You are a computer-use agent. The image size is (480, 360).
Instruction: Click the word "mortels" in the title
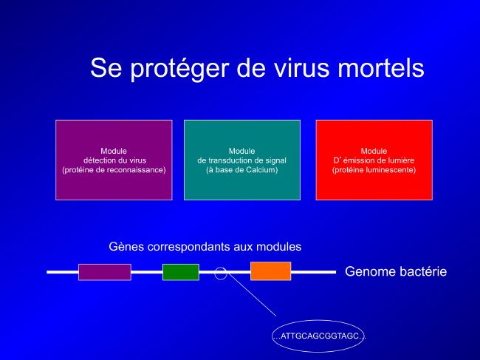pyautogui.click(x=381, y=68)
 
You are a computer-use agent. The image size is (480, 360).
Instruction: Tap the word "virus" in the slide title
pyautogui.click(x=301, y=68)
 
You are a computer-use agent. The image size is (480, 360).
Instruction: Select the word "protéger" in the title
pyautogui.click(x=179, y=69)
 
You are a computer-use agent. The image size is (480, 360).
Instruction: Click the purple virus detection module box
pyautogui.click(x=114, y=160)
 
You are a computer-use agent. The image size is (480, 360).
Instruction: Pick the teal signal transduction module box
pyautogui.click(x=242, y=160)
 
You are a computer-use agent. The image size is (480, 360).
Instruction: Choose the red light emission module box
pyautogui.click(x=374, y=160)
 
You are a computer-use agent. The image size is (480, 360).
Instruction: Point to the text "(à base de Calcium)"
pyautogui.click(x=241, y=170)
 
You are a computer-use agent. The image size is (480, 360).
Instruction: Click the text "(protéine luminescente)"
pyautogui.click(x=374, y=170)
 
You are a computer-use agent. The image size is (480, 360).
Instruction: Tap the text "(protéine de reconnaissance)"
pyautogui.click(x=114, y=170)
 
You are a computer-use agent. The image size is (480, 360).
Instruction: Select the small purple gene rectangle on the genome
pyautogui.click(x=105, y=272)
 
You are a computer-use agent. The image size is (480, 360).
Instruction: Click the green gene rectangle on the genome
pyautogui.click(x=181, y=272)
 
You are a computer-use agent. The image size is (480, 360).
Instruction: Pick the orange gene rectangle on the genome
pyautogui.click(x=270, y=271)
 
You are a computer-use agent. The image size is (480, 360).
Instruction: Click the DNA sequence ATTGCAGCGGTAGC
pyautogui.click(x=319, y=336)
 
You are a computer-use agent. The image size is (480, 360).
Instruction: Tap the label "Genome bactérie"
pyautogui.click(x=396, y=272)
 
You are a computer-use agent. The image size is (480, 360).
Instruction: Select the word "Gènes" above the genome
pyautogui.click(x=126, y=247)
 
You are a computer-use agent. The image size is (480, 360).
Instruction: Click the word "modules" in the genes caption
pyautogui.click(x=278, y=247)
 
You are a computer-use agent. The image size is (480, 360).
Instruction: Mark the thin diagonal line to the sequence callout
pyautogui.click(x=252, y=294)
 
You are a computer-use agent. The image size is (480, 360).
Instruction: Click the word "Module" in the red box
pyautogui.click(x=374, y=151)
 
